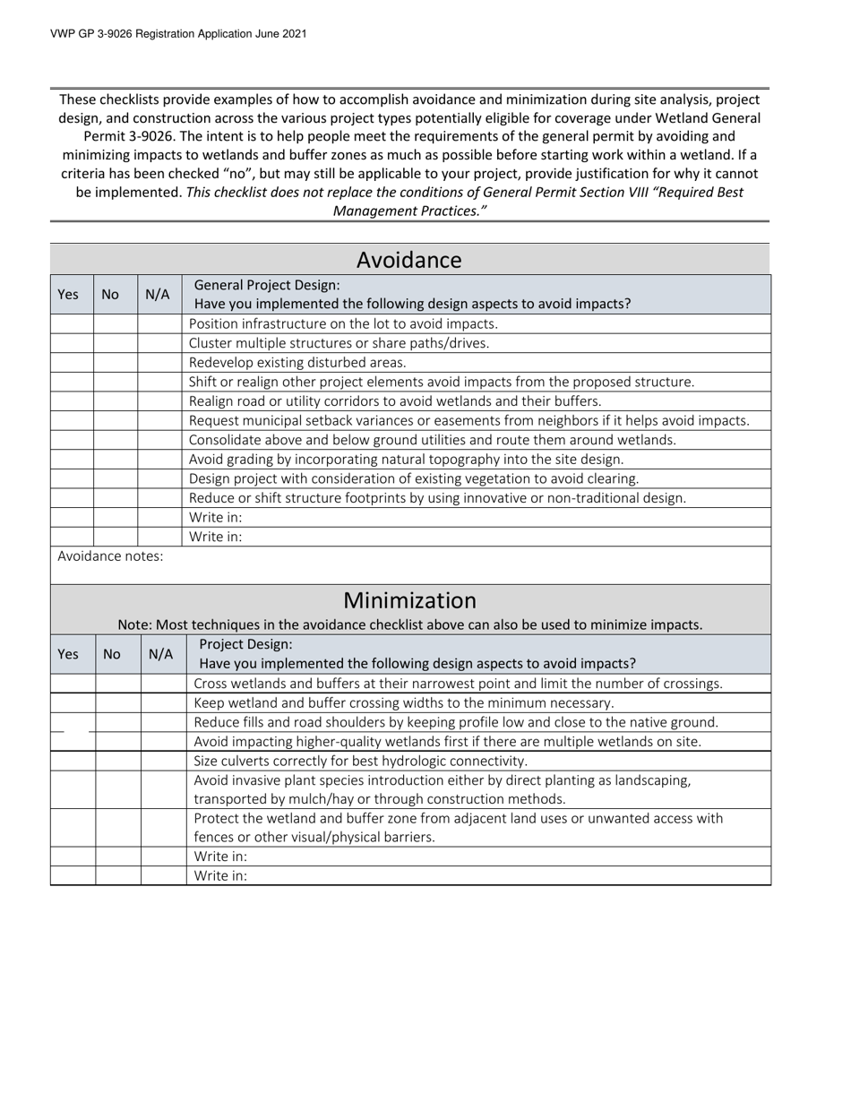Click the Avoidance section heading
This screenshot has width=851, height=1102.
409,260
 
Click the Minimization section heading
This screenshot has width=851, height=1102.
409,600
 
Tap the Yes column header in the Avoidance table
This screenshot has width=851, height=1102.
68,295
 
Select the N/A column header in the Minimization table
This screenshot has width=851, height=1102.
160,654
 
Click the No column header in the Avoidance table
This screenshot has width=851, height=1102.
111,295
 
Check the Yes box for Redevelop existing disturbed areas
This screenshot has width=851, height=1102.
72,363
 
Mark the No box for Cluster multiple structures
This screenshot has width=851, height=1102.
116,343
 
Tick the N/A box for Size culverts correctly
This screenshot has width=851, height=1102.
164,761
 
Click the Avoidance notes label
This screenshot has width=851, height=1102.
110,556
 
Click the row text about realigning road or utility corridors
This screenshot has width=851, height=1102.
395,401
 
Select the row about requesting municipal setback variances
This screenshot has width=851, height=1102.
469,420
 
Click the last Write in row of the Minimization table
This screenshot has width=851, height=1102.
220,876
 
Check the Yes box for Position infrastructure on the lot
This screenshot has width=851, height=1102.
72,324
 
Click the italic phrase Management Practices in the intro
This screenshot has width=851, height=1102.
409,211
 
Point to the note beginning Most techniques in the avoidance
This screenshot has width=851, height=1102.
409,624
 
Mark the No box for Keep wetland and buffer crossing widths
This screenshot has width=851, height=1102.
118,703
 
